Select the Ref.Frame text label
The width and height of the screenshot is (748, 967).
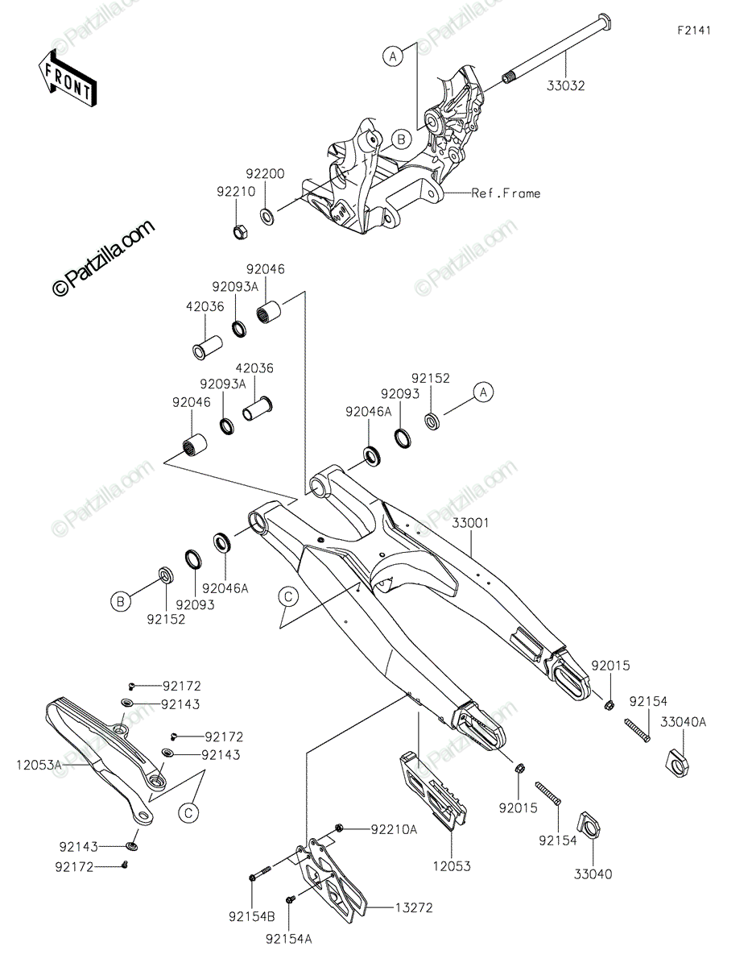coord(506,193)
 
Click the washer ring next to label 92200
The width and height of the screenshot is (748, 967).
coord(266,215)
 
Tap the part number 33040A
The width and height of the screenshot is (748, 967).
coord(684,722)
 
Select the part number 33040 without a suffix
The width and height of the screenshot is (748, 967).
coord(593,873)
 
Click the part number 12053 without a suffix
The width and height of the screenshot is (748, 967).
coord(451,867)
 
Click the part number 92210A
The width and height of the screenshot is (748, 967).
coord(394,828)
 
